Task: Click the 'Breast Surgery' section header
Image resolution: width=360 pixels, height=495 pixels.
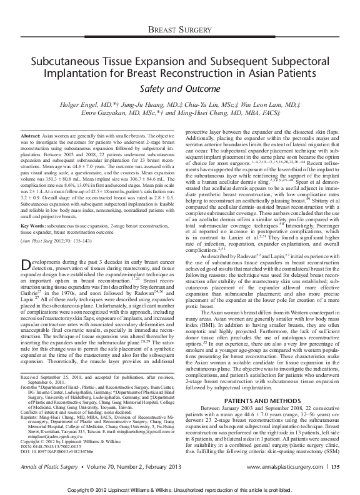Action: tap(180, 31)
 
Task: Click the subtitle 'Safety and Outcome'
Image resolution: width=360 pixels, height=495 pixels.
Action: tap(179, 89)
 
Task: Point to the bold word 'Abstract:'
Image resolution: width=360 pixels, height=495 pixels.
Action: tap(30, 136)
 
